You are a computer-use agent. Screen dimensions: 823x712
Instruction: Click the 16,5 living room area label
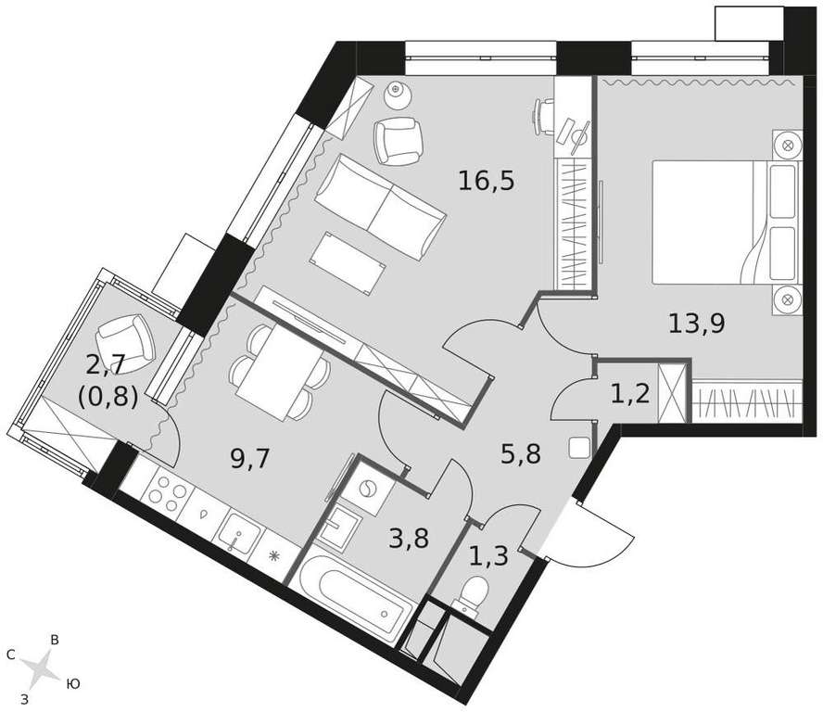(487, 182)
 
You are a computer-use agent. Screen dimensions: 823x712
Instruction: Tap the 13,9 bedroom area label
(697, 323)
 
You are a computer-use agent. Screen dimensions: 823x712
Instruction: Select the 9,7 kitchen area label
(249, 460)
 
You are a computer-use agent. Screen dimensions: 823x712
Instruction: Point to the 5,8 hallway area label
(521, 454)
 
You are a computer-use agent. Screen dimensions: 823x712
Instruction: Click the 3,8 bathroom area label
(409, 539)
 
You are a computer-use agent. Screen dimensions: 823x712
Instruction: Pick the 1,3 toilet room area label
(488, 556)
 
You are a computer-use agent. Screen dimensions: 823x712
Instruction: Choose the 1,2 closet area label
(630, 393)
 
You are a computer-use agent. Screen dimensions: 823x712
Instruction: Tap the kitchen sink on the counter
(240, 531)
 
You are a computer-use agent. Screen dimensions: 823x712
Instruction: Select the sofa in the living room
(380, 207)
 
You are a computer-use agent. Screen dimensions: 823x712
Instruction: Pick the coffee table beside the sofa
(348, 263)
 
